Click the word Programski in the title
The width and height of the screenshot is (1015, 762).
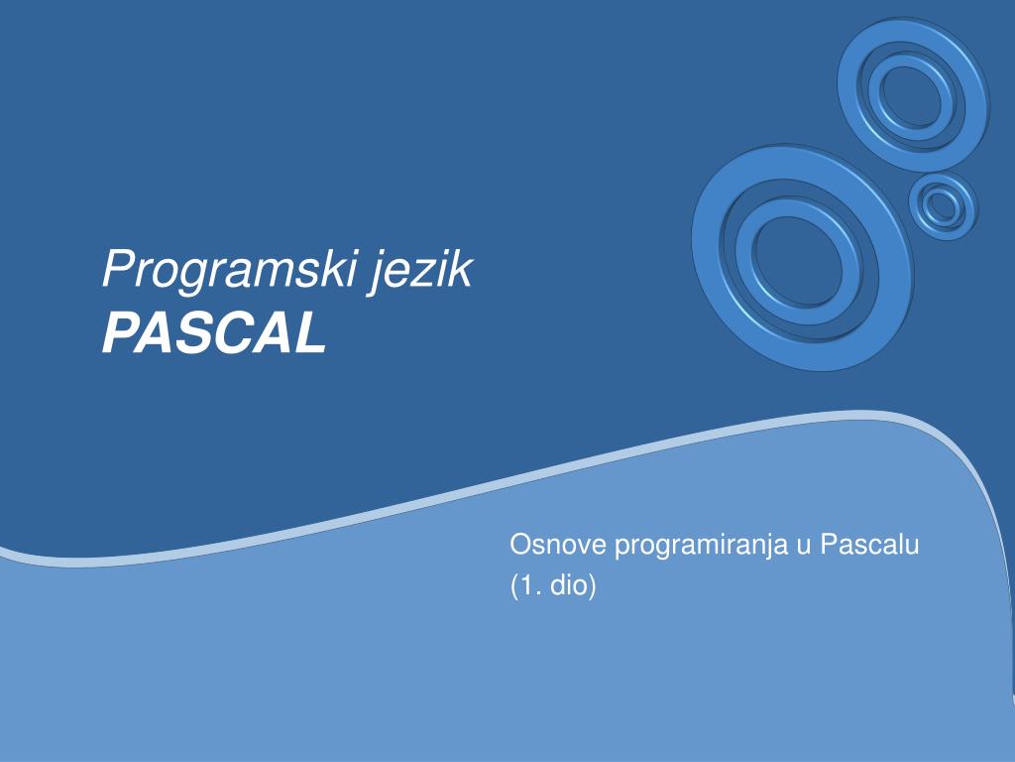tap(230, 270)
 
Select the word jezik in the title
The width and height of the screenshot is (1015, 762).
tap(421, 270)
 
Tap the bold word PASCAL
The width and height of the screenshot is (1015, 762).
tap(214, 333)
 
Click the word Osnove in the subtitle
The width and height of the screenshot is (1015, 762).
tap(558, 545)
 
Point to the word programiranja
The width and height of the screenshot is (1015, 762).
tap(701, 548)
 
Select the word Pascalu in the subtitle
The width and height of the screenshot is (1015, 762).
tap(869, 545)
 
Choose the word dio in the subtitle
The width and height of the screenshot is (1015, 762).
tap(568, 585)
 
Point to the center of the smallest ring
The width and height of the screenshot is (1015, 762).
tap(944, 206)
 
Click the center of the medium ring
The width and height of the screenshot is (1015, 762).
tap(913, 95)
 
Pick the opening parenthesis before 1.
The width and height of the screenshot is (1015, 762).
tap(514, 586)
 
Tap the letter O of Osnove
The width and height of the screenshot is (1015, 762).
tap(521, 545)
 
